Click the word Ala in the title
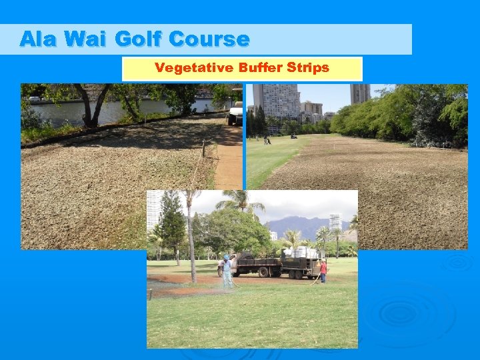tap(37, 39)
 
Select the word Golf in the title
tap(137, 39)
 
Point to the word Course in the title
tap(209, 39)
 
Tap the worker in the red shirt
tap(323, 270)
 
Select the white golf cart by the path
tap(235, 113)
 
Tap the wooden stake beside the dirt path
tap(203, 149)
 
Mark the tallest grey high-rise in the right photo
tap(275, 100)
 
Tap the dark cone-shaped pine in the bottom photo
tap(172, 223)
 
